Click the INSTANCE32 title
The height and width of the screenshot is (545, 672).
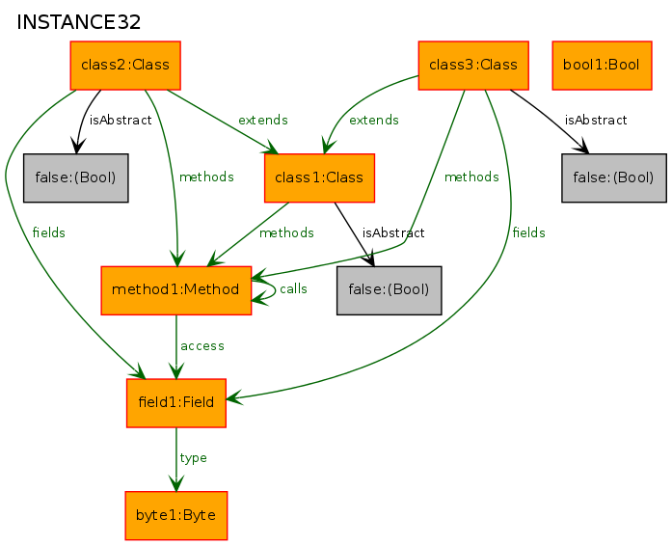coord(79,22)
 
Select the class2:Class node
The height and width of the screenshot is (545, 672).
coord(125,66)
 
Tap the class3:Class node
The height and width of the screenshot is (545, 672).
coord(473,66)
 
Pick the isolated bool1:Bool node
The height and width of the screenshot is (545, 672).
coord(602,66)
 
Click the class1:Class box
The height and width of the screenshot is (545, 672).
coord(319,177)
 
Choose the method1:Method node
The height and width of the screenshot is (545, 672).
coord(176,290)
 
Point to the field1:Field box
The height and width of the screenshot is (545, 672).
coord(176,403)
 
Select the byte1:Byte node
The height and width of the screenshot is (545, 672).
coord(176,515)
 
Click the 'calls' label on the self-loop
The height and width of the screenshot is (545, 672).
coord(293,289)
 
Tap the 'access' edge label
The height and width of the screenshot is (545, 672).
coord(202,346)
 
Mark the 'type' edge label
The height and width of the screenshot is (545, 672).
coord(193,458)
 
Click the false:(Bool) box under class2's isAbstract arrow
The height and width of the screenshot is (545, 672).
coord(76,177)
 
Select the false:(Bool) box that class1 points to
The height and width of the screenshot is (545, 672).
coord(390,290)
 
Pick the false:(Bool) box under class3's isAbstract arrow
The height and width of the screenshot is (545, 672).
coord(614,177)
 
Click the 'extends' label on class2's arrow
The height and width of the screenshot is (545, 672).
coord(262,120)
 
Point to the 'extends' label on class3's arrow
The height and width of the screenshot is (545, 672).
coord(374,120)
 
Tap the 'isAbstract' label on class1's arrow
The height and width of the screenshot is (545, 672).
coord(393,232)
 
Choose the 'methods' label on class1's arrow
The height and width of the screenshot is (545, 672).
coord(286,232)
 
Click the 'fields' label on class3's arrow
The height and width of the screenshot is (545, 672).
coord(529,232)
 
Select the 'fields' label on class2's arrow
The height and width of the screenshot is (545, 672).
coord(49,232)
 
